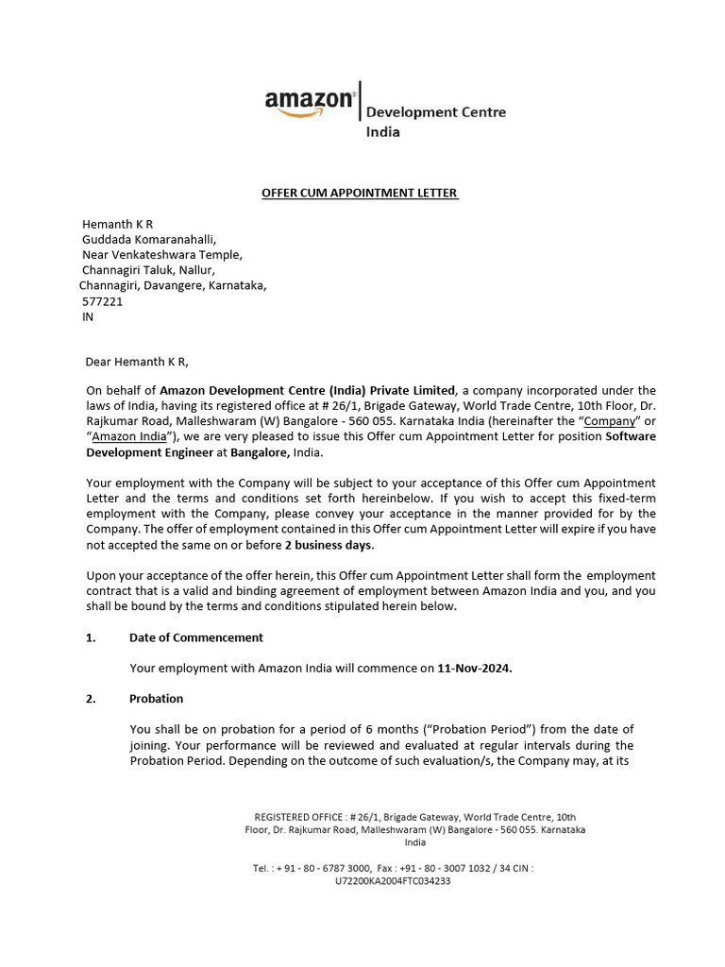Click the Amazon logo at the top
pyautogui.click(x=309, y=102)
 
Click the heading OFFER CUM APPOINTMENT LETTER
pyautogui.click(x=360, y=193)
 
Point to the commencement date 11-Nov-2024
pyautogui.click(x=475, y=669)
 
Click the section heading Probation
pyautogui.click(x=156, y=699)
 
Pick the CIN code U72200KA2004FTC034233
pyautogui.click(x=393, y=881)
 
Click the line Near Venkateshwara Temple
pyautogui.click(x=162, y=255)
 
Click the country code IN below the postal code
pyautogui.click(x=89, y=317)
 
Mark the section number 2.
pyautogui.click(x=91, y=699)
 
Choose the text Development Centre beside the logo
pyautogui.click(x=436, y=112)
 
